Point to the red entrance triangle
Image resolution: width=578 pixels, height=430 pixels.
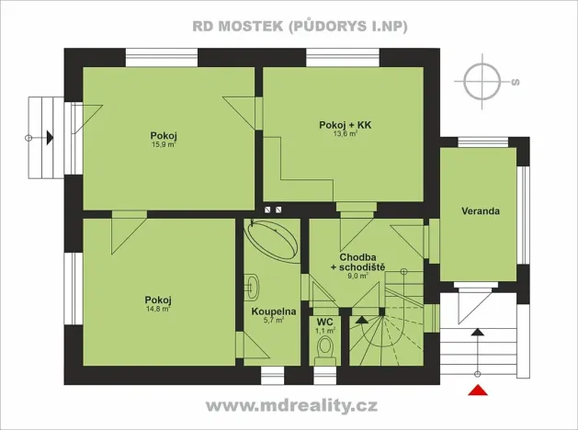[477, 393]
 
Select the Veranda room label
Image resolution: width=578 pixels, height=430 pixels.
[481, 211]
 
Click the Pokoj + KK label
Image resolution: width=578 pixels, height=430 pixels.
[345, 123]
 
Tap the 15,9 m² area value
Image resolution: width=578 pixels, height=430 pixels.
[164, 144]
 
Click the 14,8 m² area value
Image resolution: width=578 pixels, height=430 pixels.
[158, 309]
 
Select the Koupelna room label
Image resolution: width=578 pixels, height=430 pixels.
[273, 311]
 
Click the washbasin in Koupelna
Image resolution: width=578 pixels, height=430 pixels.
[253, 285]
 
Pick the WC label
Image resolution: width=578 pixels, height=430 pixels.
[323, 322]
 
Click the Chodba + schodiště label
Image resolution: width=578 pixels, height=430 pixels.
[361, 262]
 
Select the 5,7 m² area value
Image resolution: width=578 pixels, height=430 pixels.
[273, 321]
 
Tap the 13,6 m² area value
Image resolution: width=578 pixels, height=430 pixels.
[345, 133]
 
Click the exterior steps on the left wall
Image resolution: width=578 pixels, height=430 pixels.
[42, 138]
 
